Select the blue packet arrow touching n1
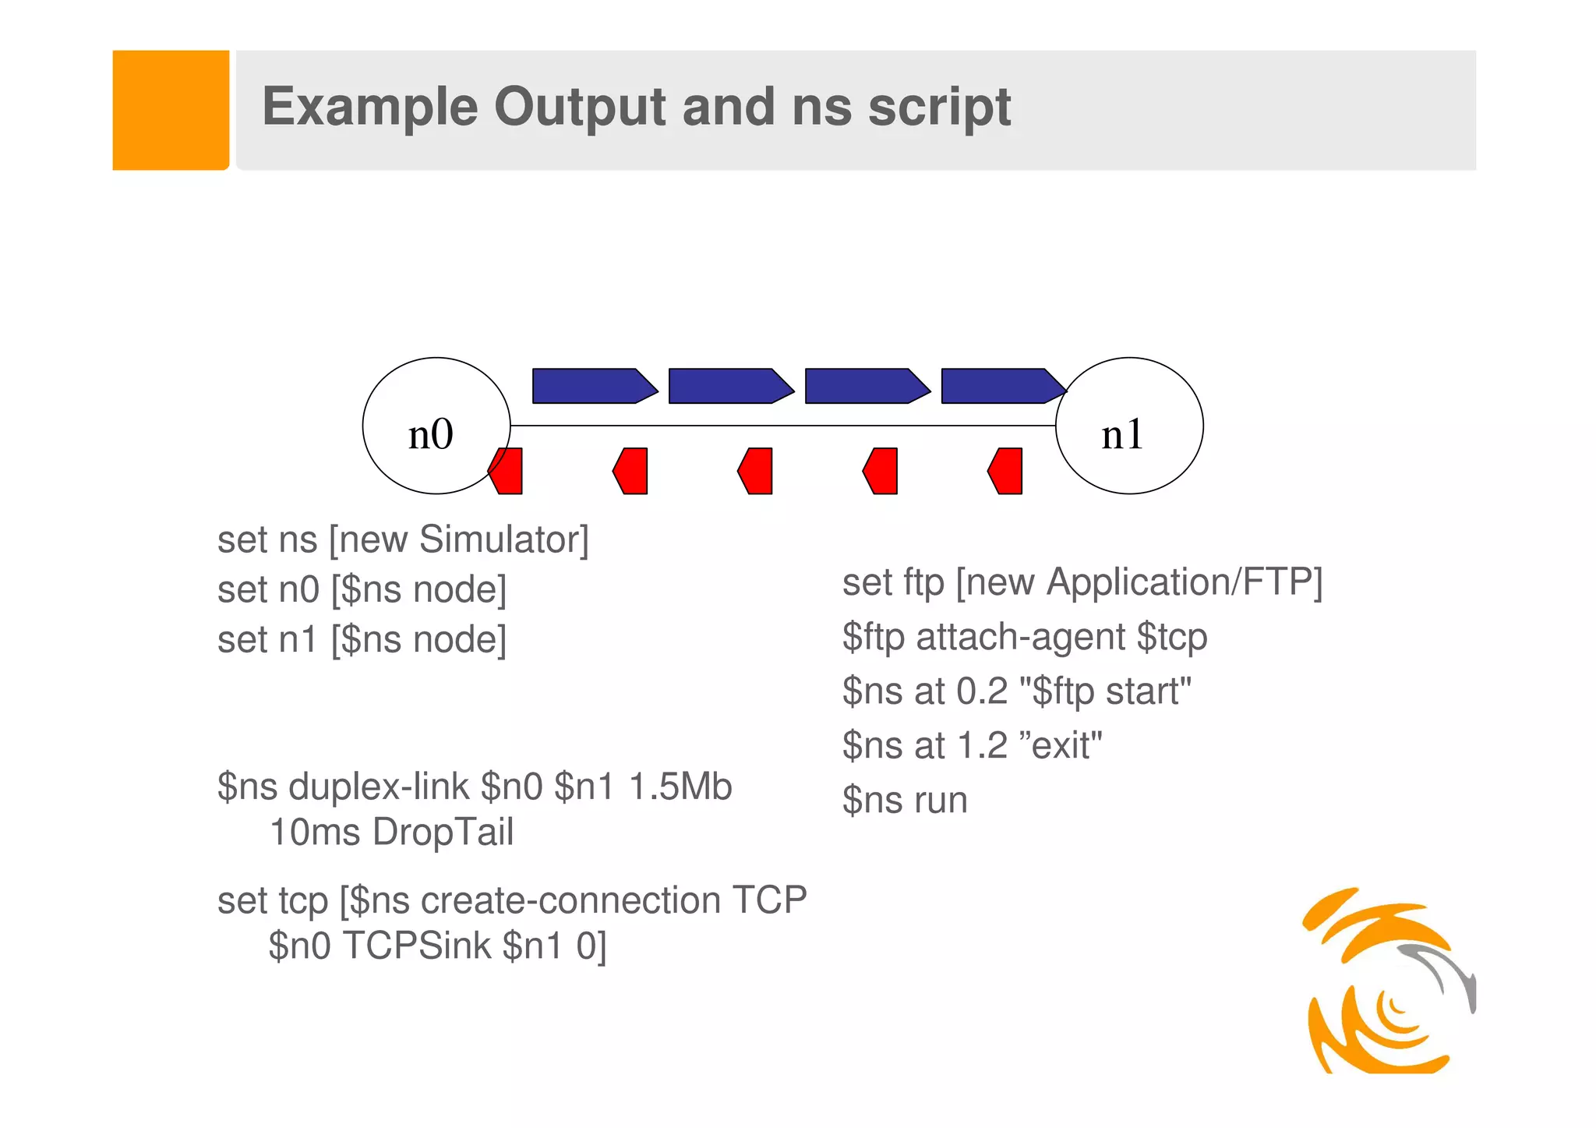click(x=1002, y=386)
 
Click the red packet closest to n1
click(x=1006, y=471)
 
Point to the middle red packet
click(x=756, y=471)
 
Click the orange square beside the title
click(x=171, y=110)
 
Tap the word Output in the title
click(x=579, y=107)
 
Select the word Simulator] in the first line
click(x=503, y=539)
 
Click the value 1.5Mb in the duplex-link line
click(x=680, y=787)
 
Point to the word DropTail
click(x=443, y=832)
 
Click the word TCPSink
click(x=417, y=946)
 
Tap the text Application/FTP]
click(x=1185, y=582)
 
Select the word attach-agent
click(x=1021, y=637)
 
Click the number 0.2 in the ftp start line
click(x=982, y=691)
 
